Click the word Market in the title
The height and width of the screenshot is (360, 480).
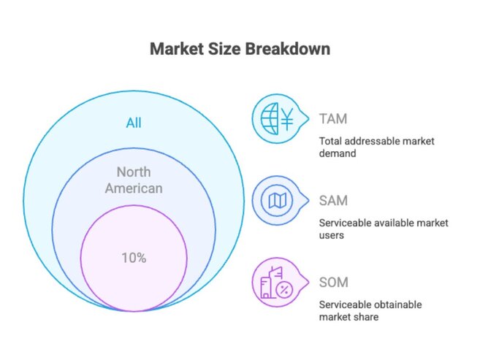pos(175,50)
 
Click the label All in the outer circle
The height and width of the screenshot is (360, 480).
pos(134,123)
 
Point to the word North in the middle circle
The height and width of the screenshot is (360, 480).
pos(134,172)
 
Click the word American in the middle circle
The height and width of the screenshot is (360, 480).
pos(134,188)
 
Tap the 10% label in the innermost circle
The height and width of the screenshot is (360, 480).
pos(134,258)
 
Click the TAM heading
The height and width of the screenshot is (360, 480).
pos(334,119)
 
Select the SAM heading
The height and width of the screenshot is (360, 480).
pos(334,200)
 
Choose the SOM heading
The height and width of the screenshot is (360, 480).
pos(334,282)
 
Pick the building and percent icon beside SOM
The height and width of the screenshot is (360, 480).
pos(275,283)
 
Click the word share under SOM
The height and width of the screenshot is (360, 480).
pos(367,317)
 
